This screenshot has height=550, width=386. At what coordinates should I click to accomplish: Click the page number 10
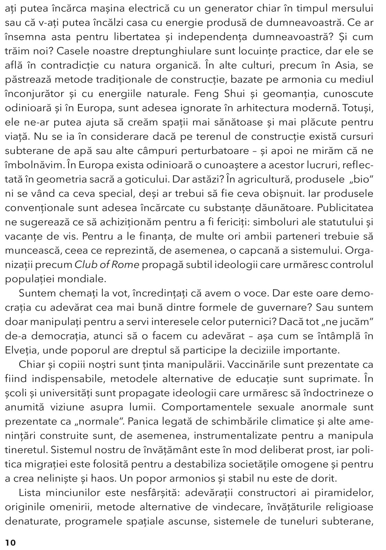coord(10,542)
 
